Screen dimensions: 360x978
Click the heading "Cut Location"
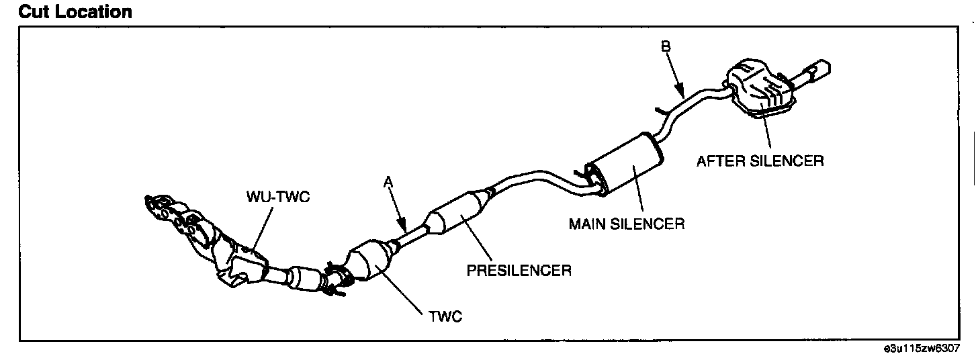[66, 11]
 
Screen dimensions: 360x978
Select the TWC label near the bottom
[445, 316]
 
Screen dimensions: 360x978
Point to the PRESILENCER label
[519, 271]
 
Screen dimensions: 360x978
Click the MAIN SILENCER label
[627, 224]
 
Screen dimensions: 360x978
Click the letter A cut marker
[388, 181]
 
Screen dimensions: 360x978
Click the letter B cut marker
[666, 46]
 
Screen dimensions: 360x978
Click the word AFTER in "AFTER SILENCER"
[721, 161]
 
